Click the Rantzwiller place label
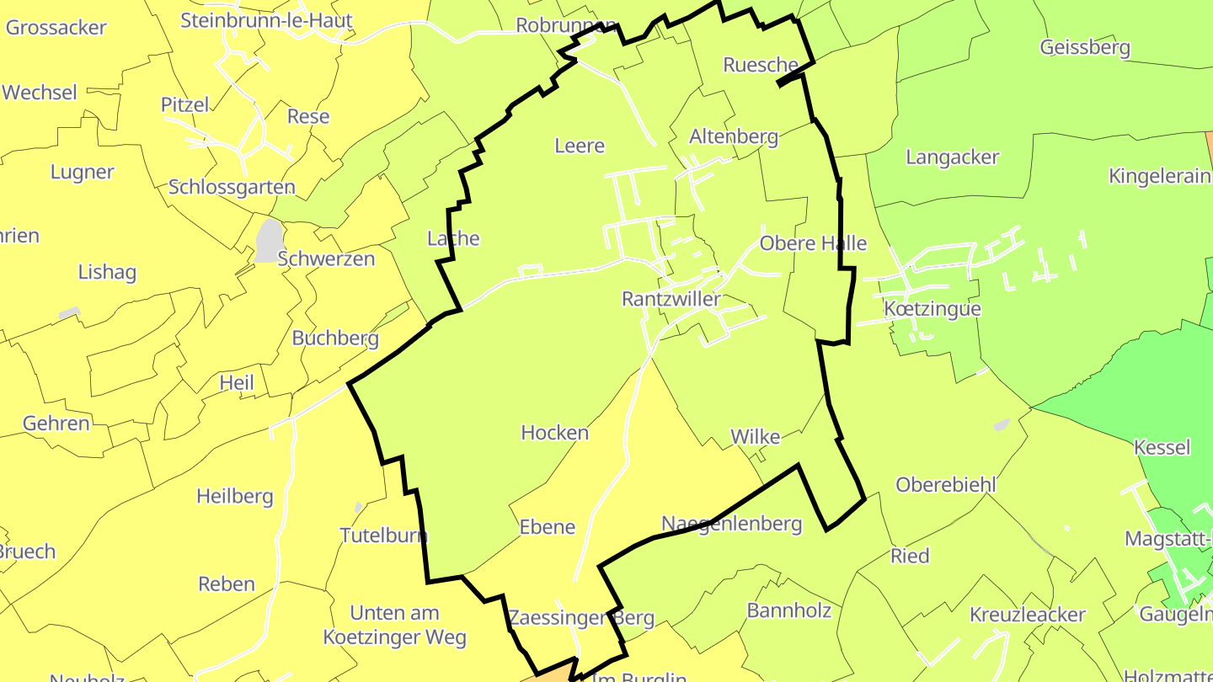(x=671, y=299)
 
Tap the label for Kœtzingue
(x=932, y=309)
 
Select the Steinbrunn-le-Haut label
(x=266, y=20)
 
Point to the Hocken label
(x=555, y=433)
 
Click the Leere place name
(x=580, y=146)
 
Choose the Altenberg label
(x=734, y=136)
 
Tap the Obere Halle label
(x=813, y=243)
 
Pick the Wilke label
(x=756, y=437)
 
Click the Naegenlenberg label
(x=732, y=524)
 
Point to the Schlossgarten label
(x=232, y=187)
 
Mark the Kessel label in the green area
(x=1162, y=447)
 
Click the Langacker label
(x=953, y=157)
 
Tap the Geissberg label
(x=1085, y=47)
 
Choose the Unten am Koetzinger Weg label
(x=395, y=625)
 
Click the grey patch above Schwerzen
(x=269, y=240)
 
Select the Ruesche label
(x=761, y=65)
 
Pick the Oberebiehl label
(x=946, y=485)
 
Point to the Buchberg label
(x=335, y=338)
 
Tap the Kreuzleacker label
(x=1028, y=615)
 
